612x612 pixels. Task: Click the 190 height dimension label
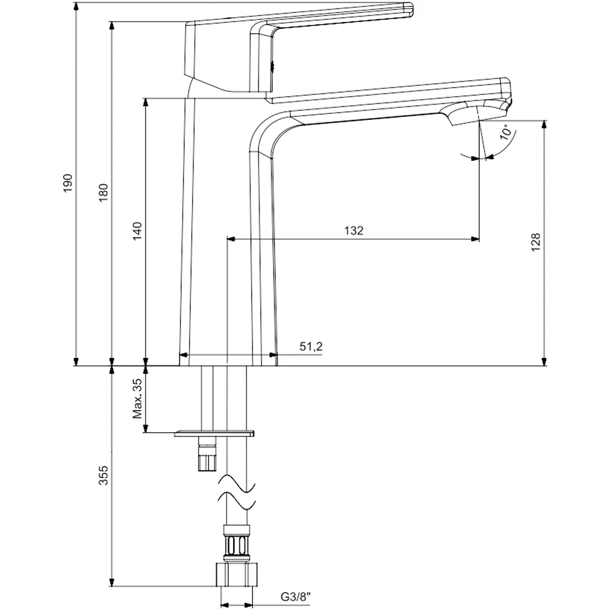(68, 184)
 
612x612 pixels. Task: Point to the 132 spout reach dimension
(353, 231)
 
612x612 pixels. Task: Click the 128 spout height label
(536, 243)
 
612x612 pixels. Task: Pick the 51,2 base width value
(311, 347)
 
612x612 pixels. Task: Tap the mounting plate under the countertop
(214, 433)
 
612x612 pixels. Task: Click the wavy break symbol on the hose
(237, 493)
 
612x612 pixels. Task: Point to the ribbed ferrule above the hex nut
(236, 541)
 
